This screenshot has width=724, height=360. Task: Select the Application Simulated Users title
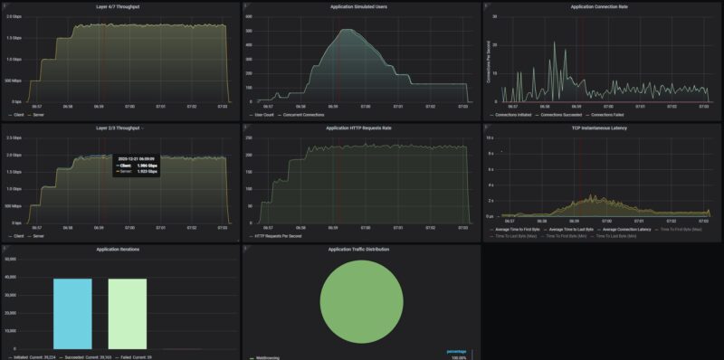tap(360, 7)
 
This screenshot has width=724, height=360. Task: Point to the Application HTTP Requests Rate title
tap(360, 128)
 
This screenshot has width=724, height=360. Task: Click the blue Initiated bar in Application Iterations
tap(72, 313)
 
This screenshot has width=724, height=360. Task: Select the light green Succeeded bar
tap(127, 313)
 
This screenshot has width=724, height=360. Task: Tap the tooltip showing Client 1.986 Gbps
tap(136, 165)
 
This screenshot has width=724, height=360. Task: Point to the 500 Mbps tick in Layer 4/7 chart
tap(14, 81)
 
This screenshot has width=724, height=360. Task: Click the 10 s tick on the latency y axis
tap(490, 138)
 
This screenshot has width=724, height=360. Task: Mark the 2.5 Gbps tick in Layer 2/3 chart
tap(14, 137)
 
